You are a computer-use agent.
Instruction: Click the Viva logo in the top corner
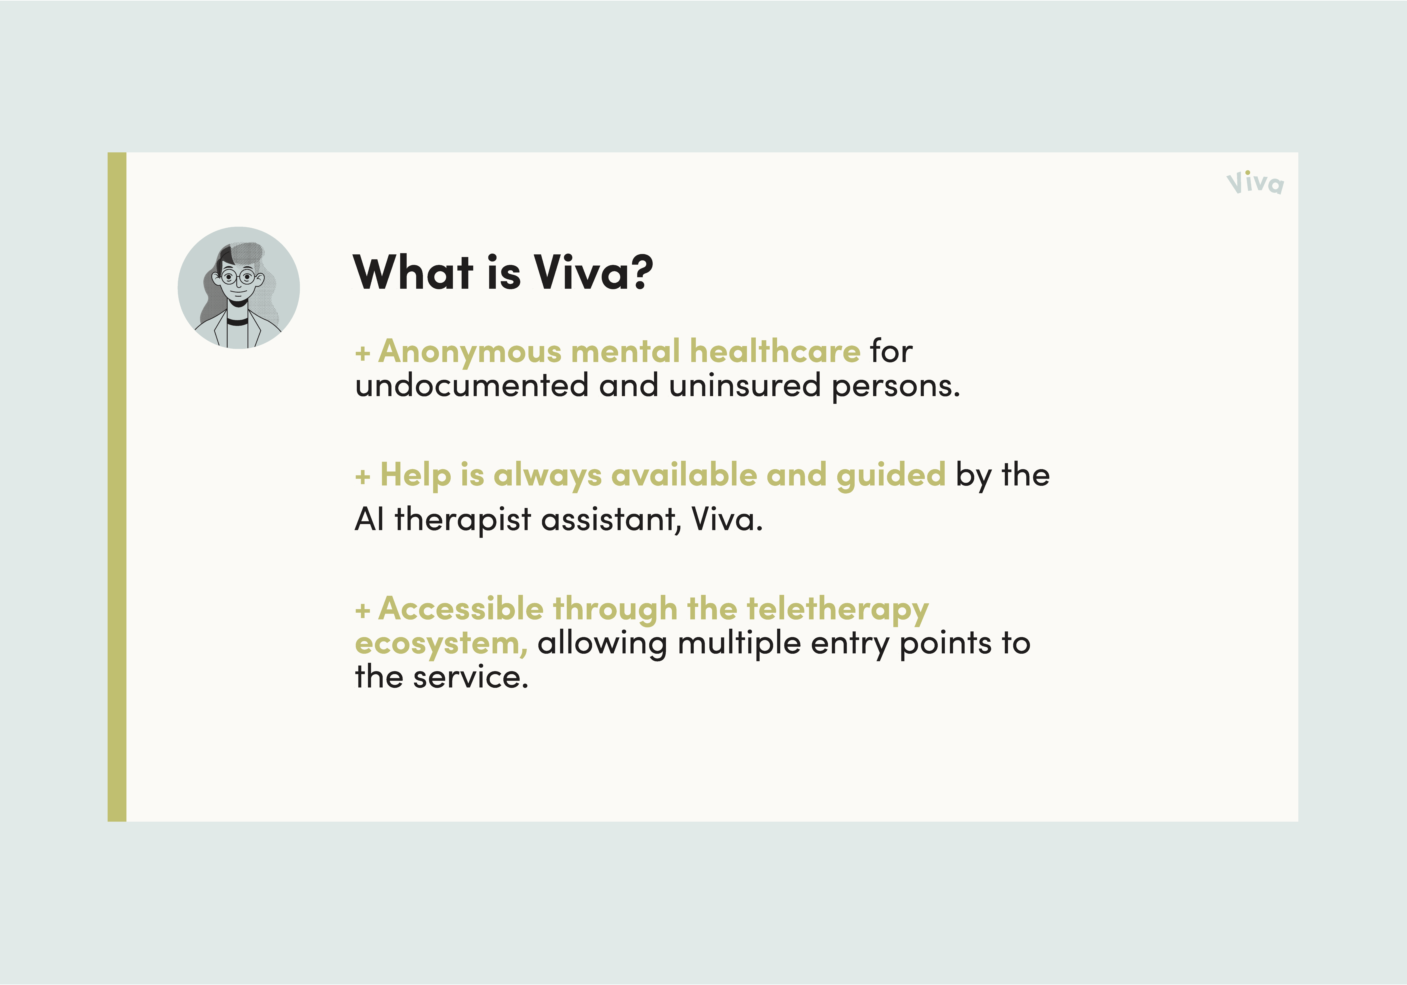tap(1255, 183)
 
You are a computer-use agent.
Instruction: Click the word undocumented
tap(472, 386)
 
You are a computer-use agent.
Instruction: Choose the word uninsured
tap(745, 386)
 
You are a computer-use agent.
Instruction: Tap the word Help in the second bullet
tap(416, 475)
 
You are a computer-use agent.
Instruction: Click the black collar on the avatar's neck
tap(238, 320)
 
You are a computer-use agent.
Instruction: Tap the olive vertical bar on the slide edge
tap(117, 487)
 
